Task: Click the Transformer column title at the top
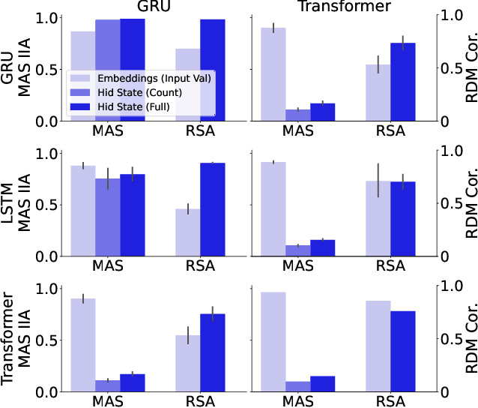point(343,7)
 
